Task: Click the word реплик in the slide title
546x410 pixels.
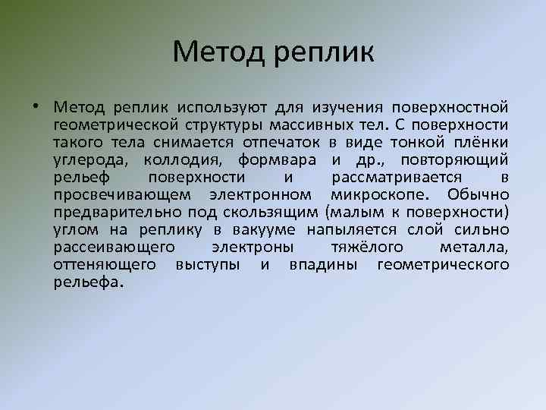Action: tap(326, 53)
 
